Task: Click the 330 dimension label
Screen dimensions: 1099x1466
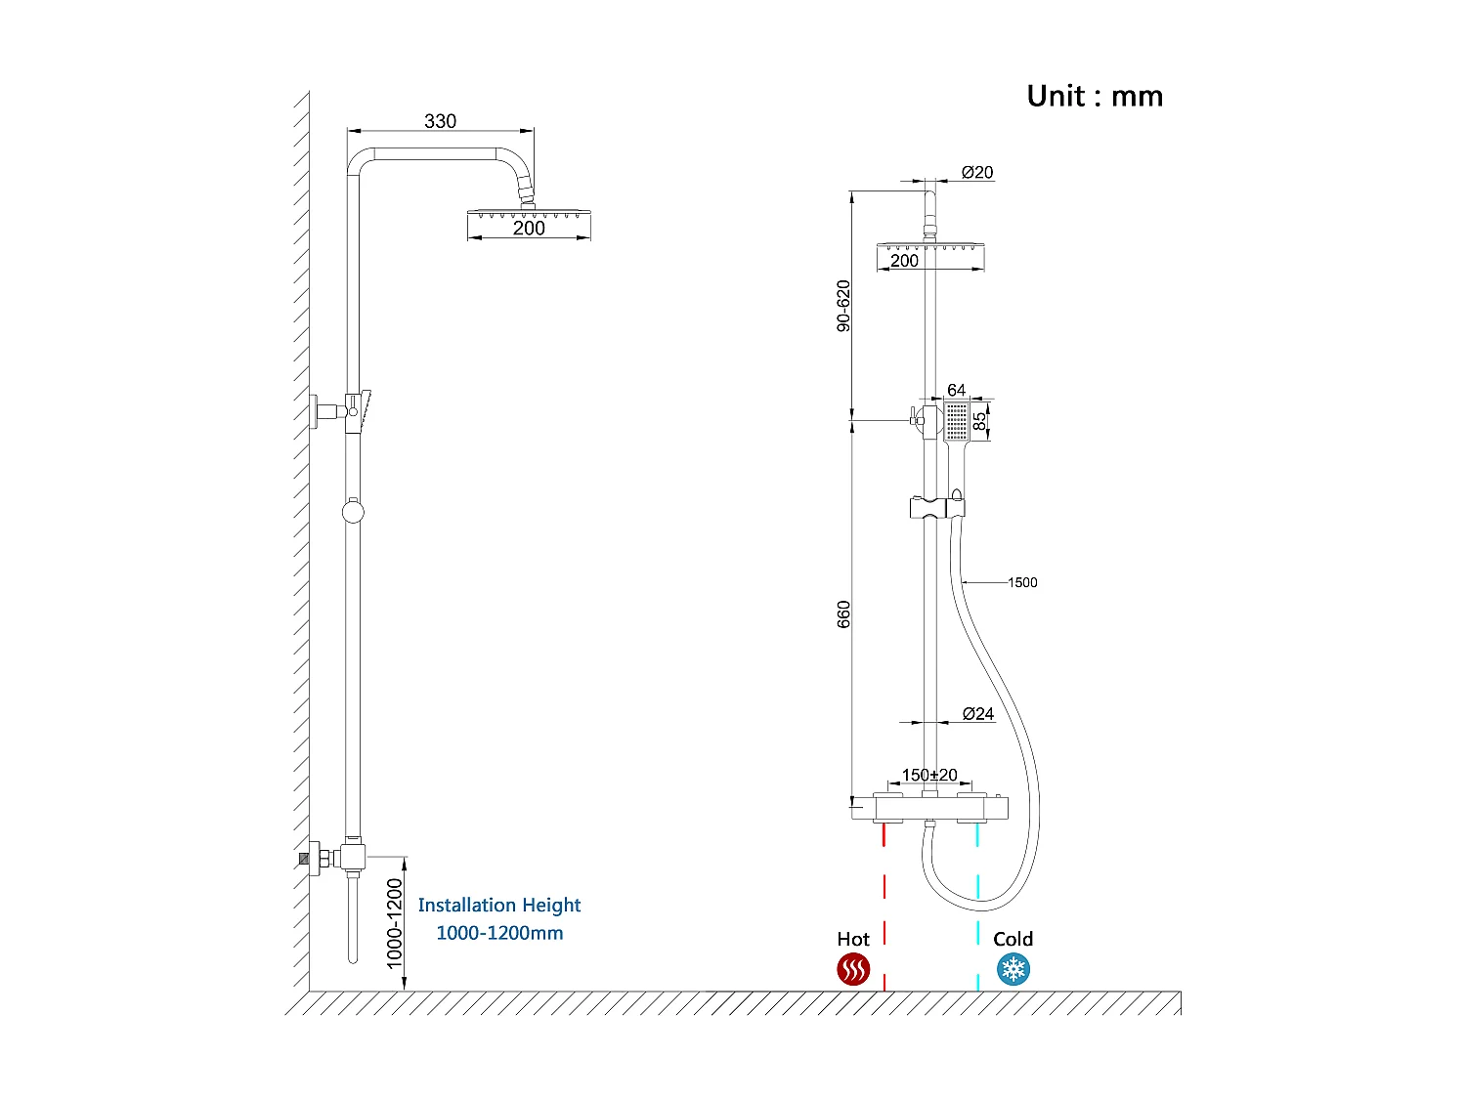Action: coord(440,121)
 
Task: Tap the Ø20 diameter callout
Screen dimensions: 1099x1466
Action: coord(976,172)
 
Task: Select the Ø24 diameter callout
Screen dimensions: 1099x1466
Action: coord(977,714)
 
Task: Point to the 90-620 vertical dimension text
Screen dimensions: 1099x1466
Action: coord(843,306)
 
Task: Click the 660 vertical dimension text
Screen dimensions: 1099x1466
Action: coord(843,614)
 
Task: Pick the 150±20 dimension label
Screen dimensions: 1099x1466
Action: coord(929,775)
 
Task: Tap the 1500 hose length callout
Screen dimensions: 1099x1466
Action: coord(1022,582)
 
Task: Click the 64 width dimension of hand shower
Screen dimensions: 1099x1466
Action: coord(956,390)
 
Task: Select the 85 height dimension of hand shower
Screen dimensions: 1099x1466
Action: coord(979,421)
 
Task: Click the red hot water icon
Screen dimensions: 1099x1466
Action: coord(853,970)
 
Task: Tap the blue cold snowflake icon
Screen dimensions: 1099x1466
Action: coord(1013,970)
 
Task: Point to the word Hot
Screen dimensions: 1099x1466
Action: coord(853,939)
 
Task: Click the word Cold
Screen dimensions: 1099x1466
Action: coord(1013,939)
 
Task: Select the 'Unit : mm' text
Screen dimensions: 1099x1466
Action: coord(1095,96)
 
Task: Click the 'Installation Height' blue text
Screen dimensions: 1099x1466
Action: coord(499,906)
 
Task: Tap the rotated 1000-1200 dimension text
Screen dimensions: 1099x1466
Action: coord(394,923)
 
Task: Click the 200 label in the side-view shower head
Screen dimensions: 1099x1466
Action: coord(529,228)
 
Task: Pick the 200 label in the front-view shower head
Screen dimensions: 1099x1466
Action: coord(904,260)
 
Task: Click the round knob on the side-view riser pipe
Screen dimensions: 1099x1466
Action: coord(353,511)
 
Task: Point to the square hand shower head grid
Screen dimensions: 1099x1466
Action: coord(956,421)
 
